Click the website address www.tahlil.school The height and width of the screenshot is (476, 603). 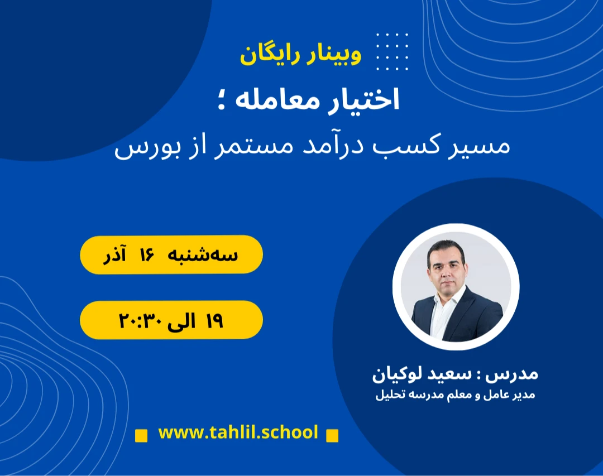(x=238, y=432)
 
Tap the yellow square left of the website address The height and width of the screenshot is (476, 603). (x=142, y=435)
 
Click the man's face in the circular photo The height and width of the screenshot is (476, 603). (x=446, y=263)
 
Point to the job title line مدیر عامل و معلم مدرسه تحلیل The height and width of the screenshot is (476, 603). (x=454, y=396)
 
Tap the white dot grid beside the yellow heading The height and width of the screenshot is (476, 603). (x=392, y=52)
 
